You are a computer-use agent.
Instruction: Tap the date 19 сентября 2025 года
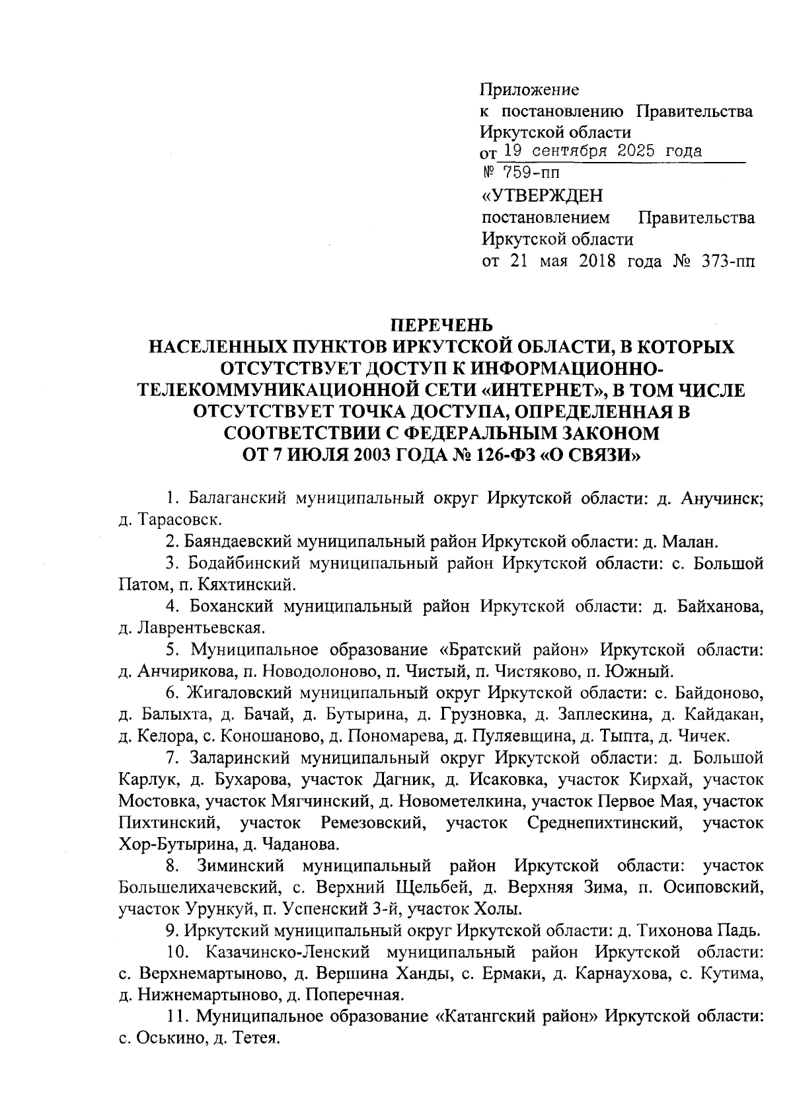[x=599, y=151]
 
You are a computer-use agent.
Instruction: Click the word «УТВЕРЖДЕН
[x=542, y=196]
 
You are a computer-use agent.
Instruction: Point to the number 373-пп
[x=726, y=261]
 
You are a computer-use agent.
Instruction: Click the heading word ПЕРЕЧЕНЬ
[x=439, y=325]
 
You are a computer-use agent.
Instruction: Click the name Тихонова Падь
[x=697, y=931]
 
